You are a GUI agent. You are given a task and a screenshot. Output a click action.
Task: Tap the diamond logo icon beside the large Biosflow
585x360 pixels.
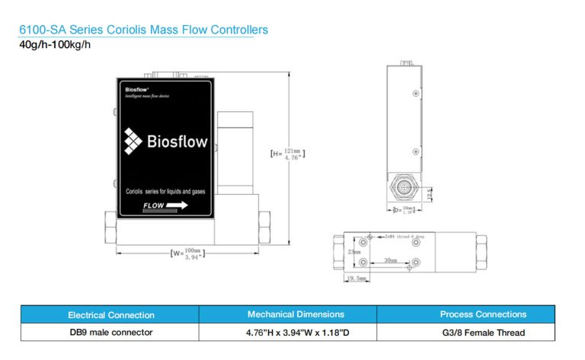134,140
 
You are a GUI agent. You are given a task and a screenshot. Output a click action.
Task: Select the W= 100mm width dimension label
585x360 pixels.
187,253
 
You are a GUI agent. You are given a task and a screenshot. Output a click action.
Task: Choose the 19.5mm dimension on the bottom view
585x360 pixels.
356,279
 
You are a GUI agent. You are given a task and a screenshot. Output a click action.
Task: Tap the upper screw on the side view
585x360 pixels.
415,94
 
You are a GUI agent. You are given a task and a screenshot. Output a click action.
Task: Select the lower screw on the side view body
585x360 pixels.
415,152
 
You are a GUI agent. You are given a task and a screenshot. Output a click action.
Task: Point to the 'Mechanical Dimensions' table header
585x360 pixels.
296,314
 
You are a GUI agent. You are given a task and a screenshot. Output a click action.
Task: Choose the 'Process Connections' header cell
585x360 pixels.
483,314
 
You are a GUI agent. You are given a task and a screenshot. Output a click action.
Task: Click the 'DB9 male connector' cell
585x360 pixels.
111,333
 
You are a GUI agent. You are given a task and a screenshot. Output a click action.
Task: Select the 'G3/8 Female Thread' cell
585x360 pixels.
483,333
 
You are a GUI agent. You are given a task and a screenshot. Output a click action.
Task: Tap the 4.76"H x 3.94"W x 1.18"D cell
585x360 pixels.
296,333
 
